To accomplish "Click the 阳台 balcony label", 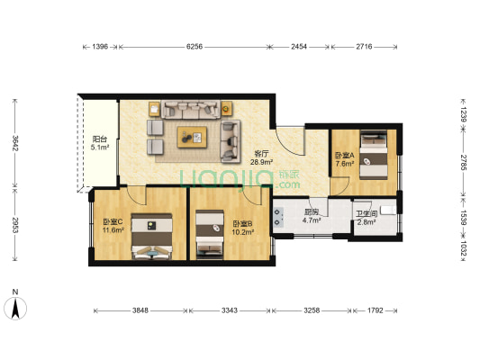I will (x=100, y=139).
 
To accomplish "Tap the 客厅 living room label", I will (x=262, y=153).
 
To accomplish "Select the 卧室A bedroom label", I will (x=345, y=155).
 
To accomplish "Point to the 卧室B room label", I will (x=242, y=223).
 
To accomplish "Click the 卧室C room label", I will (x=113, y=222).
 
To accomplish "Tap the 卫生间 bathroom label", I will (x=366, y=212).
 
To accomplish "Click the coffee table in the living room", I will (x=193, y=137).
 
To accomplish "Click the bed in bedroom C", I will (x=149, y=237).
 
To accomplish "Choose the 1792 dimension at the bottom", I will (x=376, y=311).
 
